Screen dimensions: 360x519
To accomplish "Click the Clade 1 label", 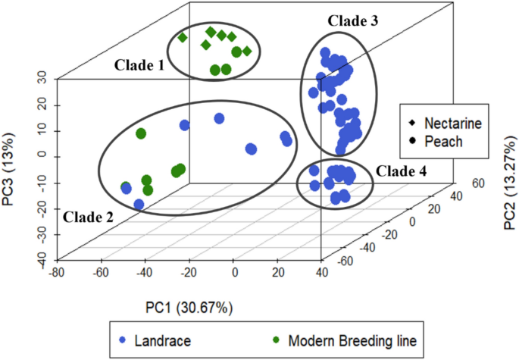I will click(139, 65).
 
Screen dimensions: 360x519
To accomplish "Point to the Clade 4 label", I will click(402, 171).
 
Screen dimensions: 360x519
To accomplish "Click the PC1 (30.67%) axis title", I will click(189, 308).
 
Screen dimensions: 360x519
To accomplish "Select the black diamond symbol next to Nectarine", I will click(411, 122).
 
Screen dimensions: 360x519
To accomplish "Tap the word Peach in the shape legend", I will click(442, 140).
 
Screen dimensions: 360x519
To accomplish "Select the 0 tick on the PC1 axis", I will click(235, 272).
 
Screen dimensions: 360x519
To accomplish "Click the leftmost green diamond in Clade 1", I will click(182, 37).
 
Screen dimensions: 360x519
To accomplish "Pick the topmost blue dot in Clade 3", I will click(325, 53).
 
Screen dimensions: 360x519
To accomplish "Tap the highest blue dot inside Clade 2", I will click(219, 118).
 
